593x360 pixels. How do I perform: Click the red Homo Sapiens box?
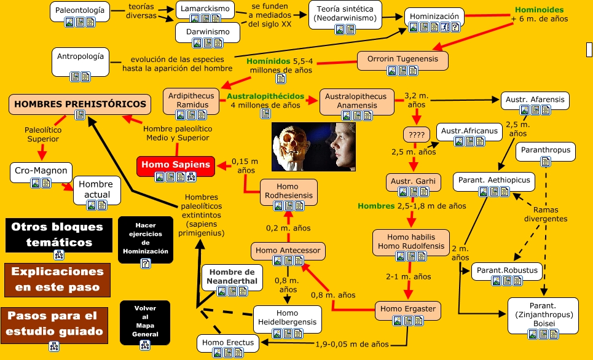176,165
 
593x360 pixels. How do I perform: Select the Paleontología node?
79,10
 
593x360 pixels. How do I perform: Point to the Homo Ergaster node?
407,308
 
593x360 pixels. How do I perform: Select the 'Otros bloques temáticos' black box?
59,234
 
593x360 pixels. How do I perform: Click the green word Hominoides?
538,10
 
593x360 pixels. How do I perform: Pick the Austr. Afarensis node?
535,98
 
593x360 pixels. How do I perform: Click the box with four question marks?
417,134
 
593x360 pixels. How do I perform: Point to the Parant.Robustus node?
506,270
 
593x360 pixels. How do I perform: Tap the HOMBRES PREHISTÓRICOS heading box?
80,104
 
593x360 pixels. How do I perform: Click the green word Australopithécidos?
265,96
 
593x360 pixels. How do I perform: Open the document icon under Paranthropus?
545,162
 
